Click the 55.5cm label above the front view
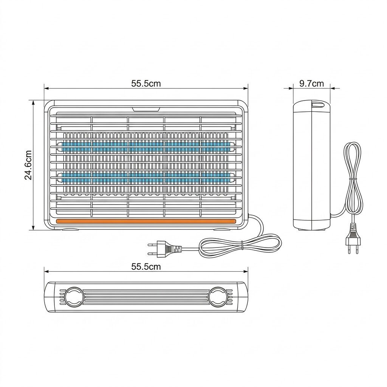click(146, 84)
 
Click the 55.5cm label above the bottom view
click(146, 266)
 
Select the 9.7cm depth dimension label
click(311, 84)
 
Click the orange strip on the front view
click(146, 221)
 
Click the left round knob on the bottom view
click(73, 297)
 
